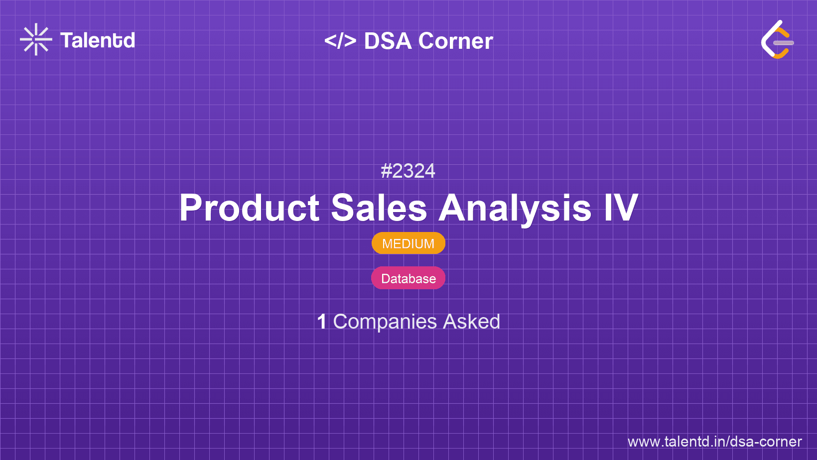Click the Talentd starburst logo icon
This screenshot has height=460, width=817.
(x=36, y=39)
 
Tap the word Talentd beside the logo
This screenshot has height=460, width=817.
(x=98, y=40)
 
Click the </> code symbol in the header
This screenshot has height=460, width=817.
(x=340, y=41)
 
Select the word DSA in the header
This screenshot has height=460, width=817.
(x=388, y=41)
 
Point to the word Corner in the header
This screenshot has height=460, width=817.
(x=455, y=41)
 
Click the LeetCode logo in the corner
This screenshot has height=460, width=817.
(x=777, y=39)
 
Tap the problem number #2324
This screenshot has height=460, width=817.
(x=408, y=171)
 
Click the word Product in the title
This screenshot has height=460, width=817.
(x=250, y=208)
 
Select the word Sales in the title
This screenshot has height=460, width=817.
(x=379, y=208)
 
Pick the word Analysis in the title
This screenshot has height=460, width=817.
(x=515, y=209)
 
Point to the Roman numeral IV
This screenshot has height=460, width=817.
(x=621, y=207)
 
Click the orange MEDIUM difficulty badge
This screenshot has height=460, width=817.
(x=408, y=243)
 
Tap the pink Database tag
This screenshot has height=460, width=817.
(x=408, y=278)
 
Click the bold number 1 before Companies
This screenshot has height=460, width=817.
(x=322, y=322)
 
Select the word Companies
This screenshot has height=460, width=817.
(x=385, y=322)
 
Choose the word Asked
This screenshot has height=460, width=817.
(x=471, y=322)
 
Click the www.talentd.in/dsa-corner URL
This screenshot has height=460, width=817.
(x=714, y=442)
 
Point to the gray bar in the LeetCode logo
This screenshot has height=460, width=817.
(x=784, y=43)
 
